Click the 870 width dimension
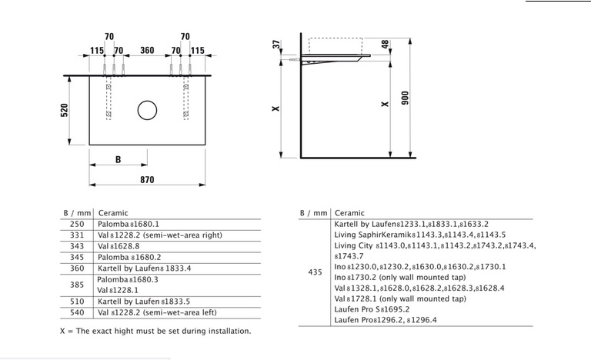147,180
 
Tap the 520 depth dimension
65,110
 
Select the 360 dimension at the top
147,50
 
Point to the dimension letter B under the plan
118,160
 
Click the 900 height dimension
406,98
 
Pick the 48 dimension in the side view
385,44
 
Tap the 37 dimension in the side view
277,45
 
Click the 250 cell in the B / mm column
77,225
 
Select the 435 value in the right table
315,272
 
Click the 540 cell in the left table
77,312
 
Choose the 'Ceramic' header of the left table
113,213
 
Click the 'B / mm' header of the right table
314,213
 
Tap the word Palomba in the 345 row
113,258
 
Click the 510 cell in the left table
77,302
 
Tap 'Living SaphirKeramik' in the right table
372,235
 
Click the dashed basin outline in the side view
336,38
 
